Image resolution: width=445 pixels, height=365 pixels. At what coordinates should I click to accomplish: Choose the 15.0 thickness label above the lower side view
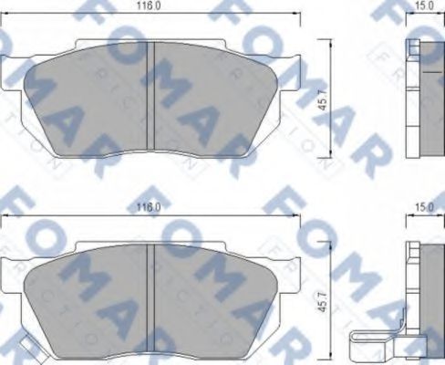[422, 208]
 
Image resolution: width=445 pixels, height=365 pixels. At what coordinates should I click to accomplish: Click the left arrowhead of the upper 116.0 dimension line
[5, 13]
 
